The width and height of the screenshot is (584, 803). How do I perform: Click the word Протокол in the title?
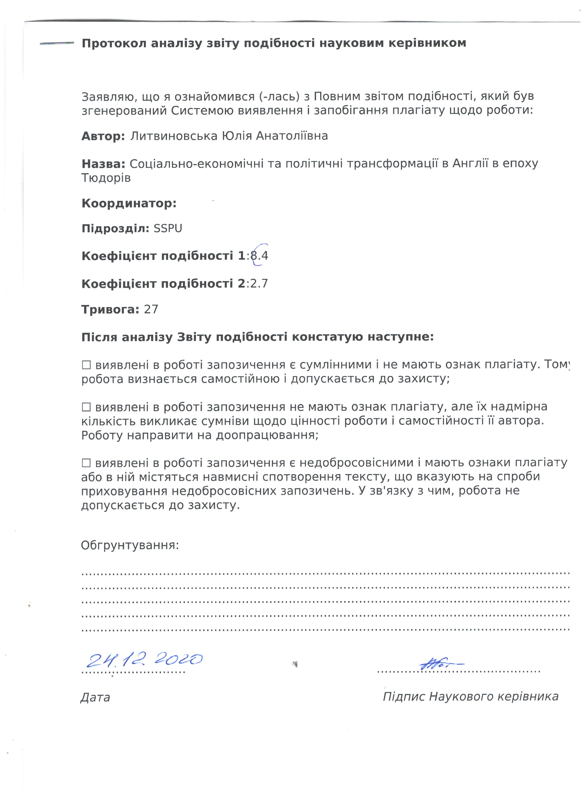click(113, 43)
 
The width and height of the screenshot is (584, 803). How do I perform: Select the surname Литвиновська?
click(174, 136)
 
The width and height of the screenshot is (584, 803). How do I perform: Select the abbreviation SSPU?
click(168, 229)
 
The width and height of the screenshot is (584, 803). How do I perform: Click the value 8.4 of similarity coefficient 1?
click(259, 256)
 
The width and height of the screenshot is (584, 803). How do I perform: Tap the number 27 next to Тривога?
click(151, 309)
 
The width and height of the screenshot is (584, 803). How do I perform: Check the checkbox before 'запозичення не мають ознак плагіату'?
click(86, 407)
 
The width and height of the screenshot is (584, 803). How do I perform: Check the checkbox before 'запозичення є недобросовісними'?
click(86, 463)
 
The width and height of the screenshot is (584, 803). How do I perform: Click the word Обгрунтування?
click(130, 545)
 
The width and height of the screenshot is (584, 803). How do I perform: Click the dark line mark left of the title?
click(57, 43)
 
